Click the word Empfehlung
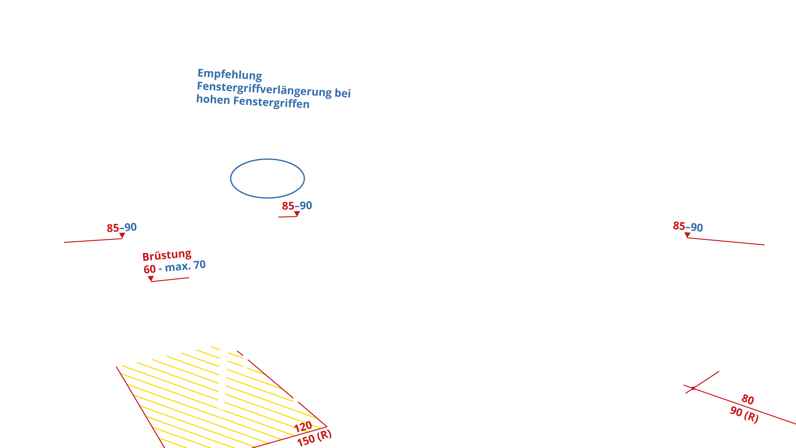(x=229, y=74)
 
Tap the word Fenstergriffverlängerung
(x=264, y=89)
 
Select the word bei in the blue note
(x=342, y=93)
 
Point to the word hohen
(x=213, y=100)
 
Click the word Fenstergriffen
(x=271, y=102)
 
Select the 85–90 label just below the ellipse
(x=297, y=206)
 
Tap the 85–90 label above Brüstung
(x=121, y=228)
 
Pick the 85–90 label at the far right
(x=688, y=226)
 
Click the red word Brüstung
(x=167, y=255)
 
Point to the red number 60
(x=149, y=269)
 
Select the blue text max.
(x=177, y=267)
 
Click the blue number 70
(x=199, y=265)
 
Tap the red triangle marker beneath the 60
(x=150, y=278)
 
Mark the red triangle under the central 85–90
(x=297, y=214)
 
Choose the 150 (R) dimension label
(x=314, y=438)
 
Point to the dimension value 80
(x=747, y=399)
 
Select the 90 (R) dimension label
(x=744, y=414)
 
